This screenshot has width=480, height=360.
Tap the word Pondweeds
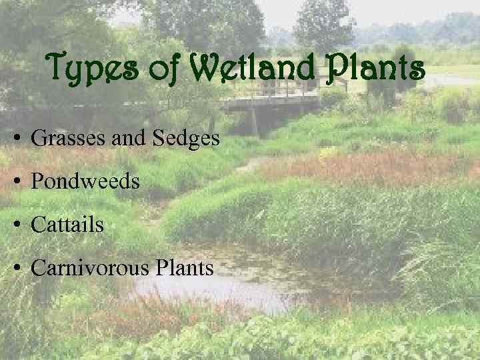(85, 181)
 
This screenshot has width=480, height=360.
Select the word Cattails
(67, 225)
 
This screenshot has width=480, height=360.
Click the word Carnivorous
(90, 268)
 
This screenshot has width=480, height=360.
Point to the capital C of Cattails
(39, 225)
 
